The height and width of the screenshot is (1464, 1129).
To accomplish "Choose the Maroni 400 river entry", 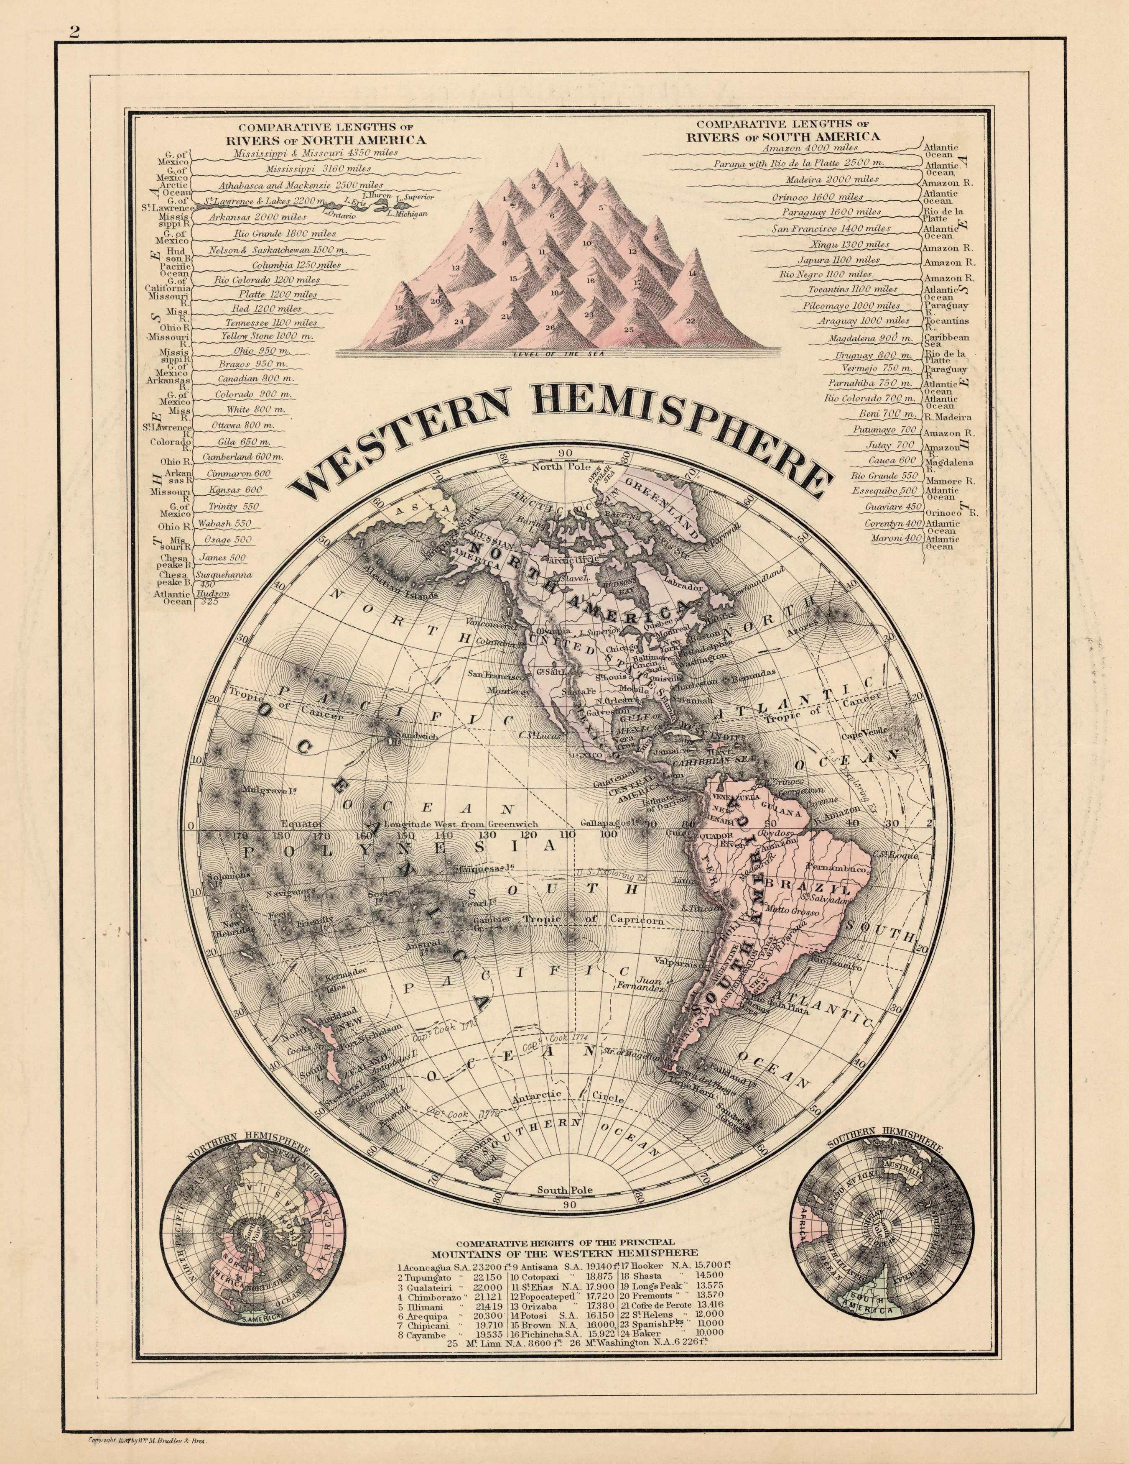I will point(902,538).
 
